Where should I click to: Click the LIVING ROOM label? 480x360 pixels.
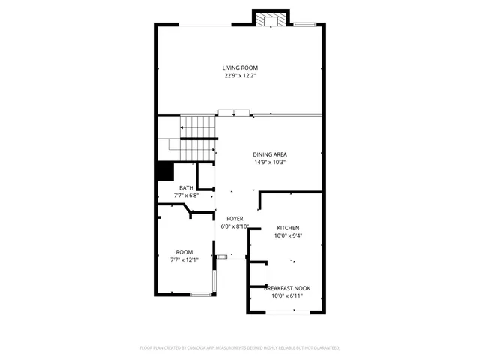(x=240, y=67)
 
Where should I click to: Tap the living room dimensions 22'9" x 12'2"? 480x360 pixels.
(x=240, y=75)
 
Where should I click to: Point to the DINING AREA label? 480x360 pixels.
(x=270, y=154)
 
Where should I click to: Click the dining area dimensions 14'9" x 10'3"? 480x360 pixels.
(x=270, y=162)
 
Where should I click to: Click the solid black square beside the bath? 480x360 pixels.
(x=164, y=172)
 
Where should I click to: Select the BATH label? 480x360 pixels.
(x=185, y=188)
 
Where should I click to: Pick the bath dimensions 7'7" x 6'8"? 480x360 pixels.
(x=185, y=196)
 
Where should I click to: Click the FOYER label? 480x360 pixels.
(x=235, y=218)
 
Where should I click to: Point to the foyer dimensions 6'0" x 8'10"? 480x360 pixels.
(x=235, y=226)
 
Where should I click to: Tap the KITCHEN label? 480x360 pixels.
(x=289, y=228)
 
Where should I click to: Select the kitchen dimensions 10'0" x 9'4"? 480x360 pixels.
(x=289, y=235)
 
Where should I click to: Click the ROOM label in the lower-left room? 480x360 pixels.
(x=184, y=252)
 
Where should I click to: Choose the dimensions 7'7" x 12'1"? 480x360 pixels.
(x=184, y=259)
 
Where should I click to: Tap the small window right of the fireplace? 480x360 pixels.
(x=304, y=25)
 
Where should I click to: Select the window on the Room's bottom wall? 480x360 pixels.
(x=200, y=294)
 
